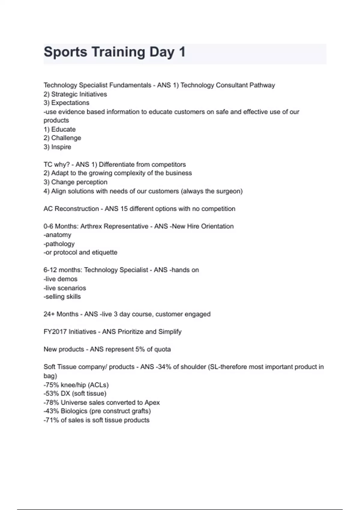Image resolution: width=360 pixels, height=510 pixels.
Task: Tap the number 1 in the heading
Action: (x=182, y=52)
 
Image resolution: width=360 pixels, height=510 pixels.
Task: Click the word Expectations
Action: (x=70, y=103)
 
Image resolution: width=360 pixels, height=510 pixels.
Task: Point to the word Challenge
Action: (x=66, y=138)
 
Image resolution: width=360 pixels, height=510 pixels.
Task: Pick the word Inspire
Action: (x=61, y=147)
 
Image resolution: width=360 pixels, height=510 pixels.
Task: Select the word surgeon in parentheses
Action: (x=229, y=191)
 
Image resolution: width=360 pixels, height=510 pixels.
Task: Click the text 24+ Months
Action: (x=61, y=314)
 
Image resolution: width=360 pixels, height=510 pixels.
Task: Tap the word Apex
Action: (x=152, y=403)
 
